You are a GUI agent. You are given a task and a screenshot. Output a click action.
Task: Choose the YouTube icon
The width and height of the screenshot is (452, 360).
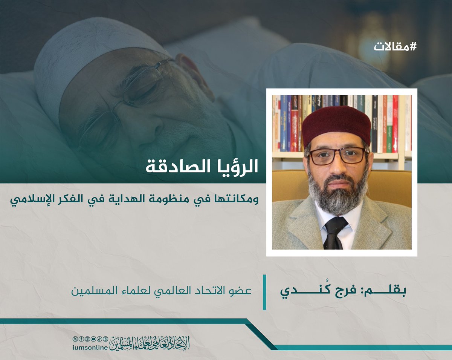(93, 339)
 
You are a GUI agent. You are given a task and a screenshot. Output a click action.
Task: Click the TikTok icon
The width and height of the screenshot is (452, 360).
(99, 339)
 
